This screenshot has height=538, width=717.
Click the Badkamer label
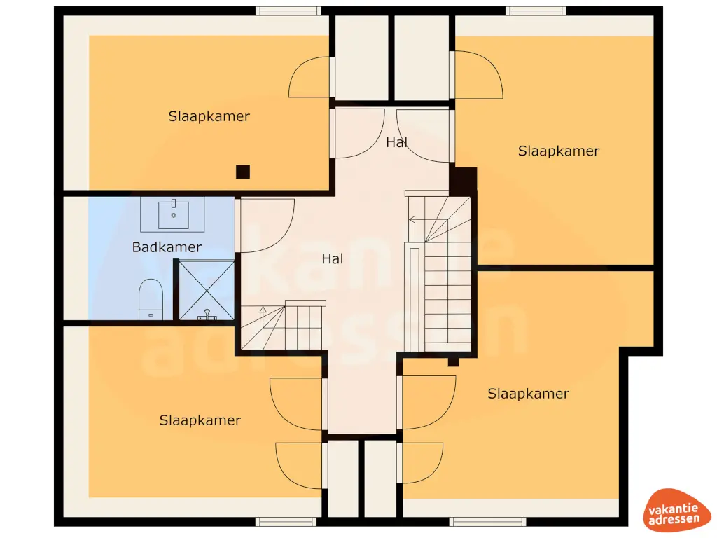tap(167, 247)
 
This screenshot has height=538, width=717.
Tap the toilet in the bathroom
tap(151, 297)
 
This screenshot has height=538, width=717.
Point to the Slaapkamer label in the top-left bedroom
tap(209, 116)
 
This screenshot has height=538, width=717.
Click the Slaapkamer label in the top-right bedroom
tap(558, 151)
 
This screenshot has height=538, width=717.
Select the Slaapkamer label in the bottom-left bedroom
tap(200, 420)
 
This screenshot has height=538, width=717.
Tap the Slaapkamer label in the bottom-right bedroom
tap(528, 394)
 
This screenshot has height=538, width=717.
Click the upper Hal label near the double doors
tap(396, 142)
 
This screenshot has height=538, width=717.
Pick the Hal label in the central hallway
tap(333, 258)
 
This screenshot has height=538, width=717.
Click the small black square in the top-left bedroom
tap(242, 172)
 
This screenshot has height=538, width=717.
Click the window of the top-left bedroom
tap(288, 11)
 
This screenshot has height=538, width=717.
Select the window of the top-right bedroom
tap(536, 11)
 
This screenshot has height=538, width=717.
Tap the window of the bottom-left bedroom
tap(286, 521)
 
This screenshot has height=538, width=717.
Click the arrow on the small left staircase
tap(263, 310)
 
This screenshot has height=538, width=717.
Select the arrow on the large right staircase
tap(413, 220)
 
